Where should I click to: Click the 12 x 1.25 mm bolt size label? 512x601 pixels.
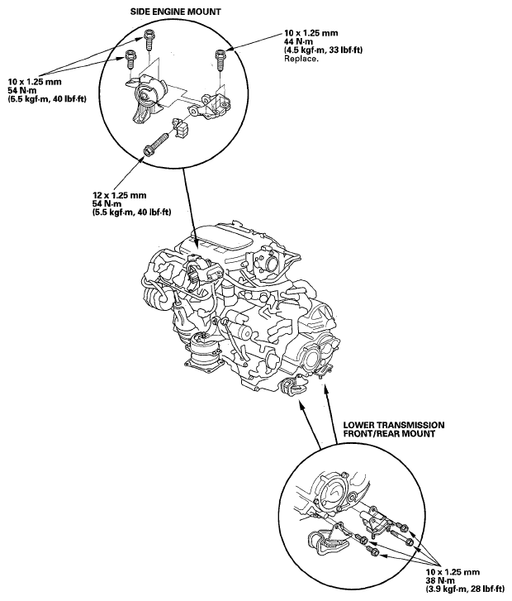120,195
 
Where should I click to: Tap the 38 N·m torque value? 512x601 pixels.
439,580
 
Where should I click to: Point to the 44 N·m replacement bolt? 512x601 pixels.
220,58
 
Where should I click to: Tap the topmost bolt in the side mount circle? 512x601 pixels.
149,36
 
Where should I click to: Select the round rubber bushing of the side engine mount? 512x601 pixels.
143,98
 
